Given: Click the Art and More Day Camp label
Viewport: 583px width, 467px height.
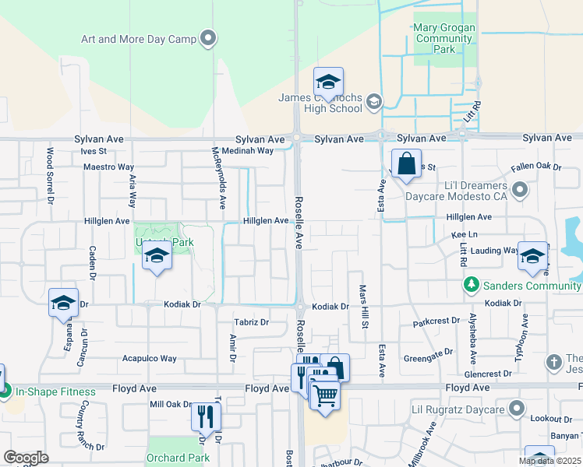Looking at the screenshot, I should click(140, 39).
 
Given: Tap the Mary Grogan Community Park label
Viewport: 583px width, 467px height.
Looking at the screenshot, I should click(443, 37).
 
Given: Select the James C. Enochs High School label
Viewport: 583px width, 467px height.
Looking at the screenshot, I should click(320, 103).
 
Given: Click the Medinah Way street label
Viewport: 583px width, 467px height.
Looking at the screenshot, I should click(247, 151).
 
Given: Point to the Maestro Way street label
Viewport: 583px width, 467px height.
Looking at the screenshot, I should click(109, 167).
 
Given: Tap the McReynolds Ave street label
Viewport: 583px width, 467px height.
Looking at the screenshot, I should click(221, 177).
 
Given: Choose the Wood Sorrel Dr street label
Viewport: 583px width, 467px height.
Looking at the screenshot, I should click(50, 174).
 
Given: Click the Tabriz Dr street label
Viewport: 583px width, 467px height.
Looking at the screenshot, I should click(251, 321).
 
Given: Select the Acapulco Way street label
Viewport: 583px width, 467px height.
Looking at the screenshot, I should click(149, 359).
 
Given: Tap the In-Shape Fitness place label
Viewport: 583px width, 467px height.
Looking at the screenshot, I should click(51, 392).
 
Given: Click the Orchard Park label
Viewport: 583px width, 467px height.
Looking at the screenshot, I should click(177, 458).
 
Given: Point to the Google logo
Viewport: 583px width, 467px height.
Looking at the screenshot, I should click(26, 458).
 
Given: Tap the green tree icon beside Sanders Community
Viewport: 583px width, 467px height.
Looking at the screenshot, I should click(470, 286).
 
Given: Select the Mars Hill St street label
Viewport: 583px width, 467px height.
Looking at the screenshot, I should click(363, 306).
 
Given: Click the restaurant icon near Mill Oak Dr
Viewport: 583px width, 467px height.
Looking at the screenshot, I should click(206, 416).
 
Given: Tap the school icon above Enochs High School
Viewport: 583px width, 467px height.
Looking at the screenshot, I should click(329, 81).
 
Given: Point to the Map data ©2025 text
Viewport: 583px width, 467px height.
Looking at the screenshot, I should click(549, 461).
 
